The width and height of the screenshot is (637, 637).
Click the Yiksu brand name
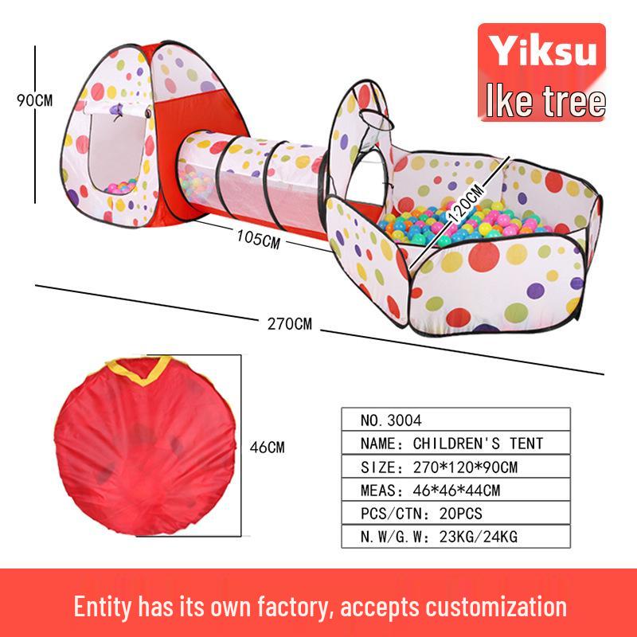(541, 51)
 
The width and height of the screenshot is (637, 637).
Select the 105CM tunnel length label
(257, 237)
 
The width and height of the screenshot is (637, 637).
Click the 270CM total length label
(289, 323)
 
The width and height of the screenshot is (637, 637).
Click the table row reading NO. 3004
(456, 420)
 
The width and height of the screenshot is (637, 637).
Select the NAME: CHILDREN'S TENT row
(456, 443)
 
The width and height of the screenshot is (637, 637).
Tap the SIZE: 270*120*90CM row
(456, 466)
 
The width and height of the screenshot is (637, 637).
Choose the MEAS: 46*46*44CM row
(456, 490)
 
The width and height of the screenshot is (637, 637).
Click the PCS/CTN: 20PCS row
(456, 513)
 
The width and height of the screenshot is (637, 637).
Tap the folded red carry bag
(143, 454)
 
